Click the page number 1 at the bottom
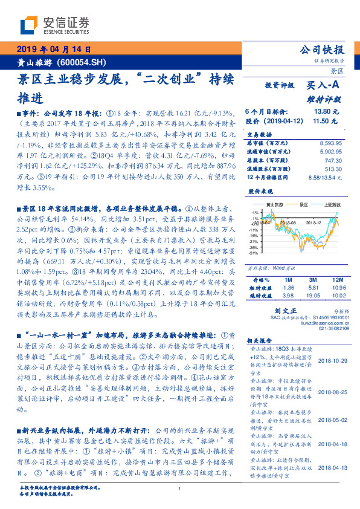tap(179, 488)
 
